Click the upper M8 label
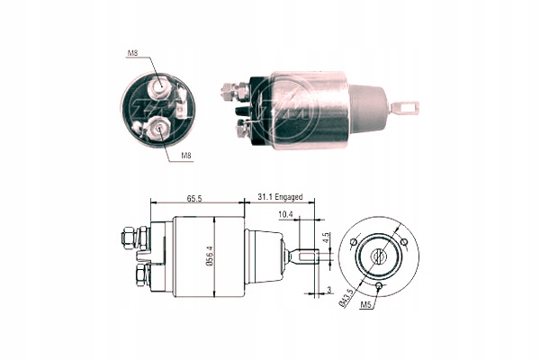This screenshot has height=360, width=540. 132,53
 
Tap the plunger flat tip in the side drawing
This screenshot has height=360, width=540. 310,256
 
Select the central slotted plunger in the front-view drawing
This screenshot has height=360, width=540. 378,256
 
